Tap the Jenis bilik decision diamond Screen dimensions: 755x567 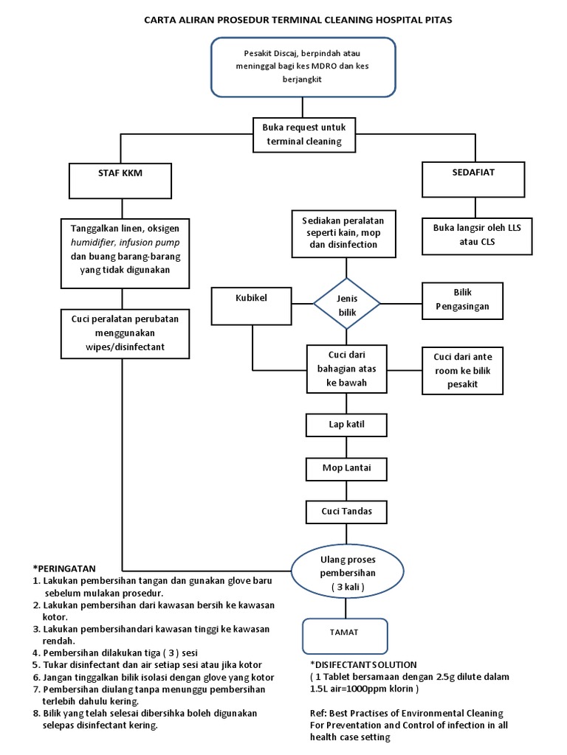point(347,303)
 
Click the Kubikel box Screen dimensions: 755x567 point(251,299)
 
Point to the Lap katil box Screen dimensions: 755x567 point(347,425)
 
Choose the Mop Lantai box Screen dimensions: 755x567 point(347,467)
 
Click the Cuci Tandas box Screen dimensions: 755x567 point(347,511)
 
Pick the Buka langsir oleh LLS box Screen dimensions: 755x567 point(477,234)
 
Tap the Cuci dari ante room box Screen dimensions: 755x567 point(462,370)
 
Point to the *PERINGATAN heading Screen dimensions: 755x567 point(65,568)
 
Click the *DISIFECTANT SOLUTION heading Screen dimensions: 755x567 point(359,664)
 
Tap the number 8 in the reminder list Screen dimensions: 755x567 point(36,713)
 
